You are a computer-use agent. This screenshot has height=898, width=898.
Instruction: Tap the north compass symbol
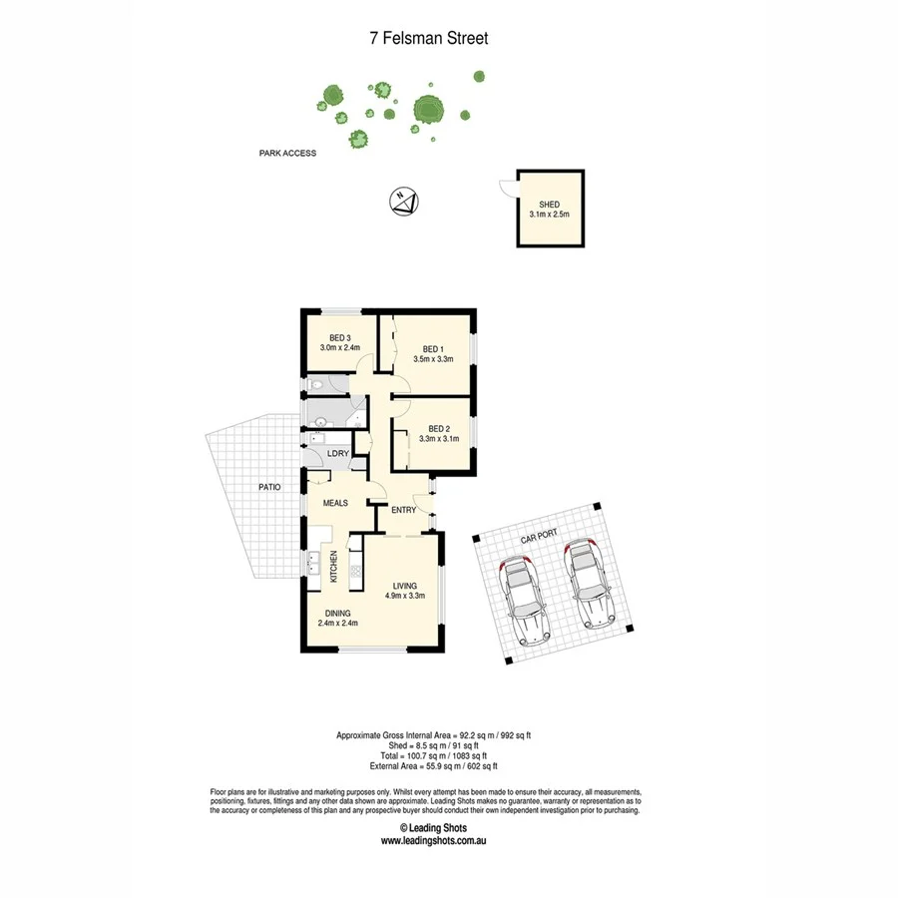[x=403, y=201]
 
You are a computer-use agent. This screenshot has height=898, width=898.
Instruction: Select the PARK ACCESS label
[x=287, y=154]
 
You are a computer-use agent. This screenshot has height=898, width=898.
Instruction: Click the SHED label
[x=549, y=205]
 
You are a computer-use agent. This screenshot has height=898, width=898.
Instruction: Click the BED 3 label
[x=339, y=337]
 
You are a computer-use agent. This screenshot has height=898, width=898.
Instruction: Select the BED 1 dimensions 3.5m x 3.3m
[x=433, y=359]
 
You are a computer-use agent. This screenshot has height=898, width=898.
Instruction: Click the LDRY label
[x=337, y=455]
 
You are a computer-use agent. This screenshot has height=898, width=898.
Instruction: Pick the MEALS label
[x=334, y=503]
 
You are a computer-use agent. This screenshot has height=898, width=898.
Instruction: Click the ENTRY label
[x=403, y=511]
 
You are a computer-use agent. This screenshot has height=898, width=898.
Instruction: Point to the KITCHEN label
[x=334, y=567]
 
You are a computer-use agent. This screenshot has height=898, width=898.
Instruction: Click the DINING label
[x=337, y=614]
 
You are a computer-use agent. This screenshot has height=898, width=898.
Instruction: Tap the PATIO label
[x=268, y=487]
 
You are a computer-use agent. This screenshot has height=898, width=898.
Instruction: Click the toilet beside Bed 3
[x=314, y=383]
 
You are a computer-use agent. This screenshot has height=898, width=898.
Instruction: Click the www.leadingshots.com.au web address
[x=433, y=840]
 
